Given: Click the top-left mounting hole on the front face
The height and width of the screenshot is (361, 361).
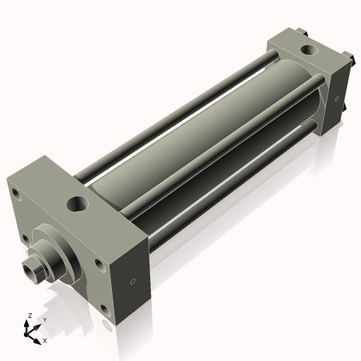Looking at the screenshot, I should pos(14,194).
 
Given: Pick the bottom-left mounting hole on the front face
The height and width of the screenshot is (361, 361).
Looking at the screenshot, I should pos(25,239).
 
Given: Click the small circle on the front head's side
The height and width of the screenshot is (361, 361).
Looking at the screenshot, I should pos(133,281).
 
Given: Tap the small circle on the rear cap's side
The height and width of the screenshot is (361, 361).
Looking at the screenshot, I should pos(336,98).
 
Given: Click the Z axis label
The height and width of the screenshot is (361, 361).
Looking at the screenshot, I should pos(29,315).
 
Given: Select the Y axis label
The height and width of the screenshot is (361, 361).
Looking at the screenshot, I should pos(45,320).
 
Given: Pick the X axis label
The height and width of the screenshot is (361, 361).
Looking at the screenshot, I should pos(45,341).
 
